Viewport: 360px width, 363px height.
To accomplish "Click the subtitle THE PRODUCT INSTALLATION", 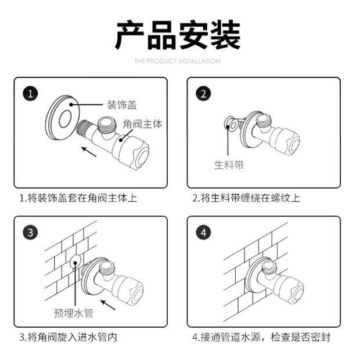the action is coord(177,61).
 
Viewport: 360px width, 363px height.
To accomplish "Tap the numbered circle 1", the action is coord(31,94).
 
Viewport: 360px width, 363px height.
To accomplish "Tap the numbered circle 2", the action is coord(204,94).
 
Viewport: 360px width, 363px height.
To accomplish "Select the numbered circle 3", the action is coord(31,233).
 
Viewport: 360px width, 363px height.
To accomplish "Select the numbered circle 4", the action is coord(204,233).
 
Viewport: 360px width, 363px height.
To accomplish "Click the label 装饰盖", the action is coord(121,104).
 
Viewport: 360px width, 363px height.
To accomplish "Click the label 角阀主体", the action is coord(142,124).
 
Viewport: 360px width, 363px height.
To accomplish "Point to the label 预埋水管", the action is coord(74,314).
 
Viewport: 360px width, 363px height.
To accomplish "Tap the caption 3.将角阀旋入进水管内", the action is coord(69,336).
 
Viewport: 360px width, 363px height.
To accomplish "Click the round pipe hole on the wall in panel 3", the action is coord(74,263).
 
